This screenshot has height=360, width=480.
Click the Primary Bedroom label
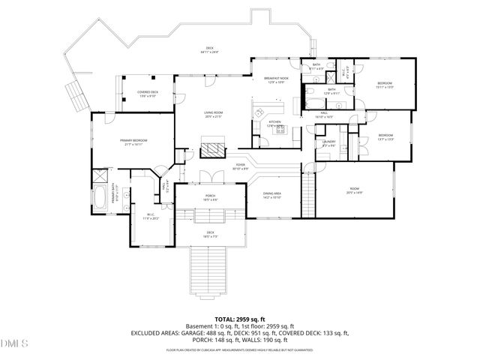coord(133,142)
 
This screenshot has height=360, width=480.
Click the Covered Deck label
coord(147,94)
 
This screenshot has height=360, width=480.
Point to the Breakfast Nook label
coord(275,79)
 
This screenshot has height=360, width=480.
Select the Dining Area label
coord(271,195)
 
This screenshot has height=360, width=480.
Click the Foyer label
coord(241,167)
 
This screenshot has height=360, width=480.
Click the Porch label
coord(211,197)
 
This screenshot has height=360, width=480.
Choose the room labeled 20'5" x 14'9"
coord(355,190)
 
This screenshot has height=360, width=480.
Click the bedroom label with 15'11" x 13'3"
coord(384,84)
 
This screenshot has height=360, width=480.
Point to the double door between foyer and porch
coord(211,178)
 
